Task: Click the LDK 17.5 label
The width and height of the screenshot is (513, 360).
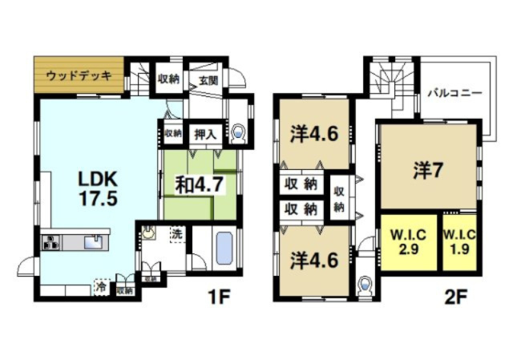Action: point(98,188)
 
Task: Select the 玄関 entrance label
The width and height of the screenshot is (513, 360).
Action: point(208,79)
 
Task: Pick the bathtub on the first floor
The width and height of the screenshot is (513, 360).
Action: point(224,248)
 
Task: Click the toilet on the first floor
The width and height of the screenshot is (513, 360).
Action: point(239,134)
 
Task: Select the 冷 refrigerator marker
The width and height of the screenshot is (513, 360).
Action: point(102,285)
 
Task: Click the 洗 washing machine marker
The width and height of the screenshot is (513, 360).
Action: point(176,234)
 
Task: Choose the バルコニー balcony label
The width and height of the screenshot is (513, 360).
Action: point(454,93)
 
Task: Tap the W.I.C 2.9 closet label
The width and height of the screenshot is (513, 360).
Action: point(408,241)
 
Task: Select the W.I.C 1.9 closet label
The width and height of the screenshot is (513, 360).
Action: point(461,241)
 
